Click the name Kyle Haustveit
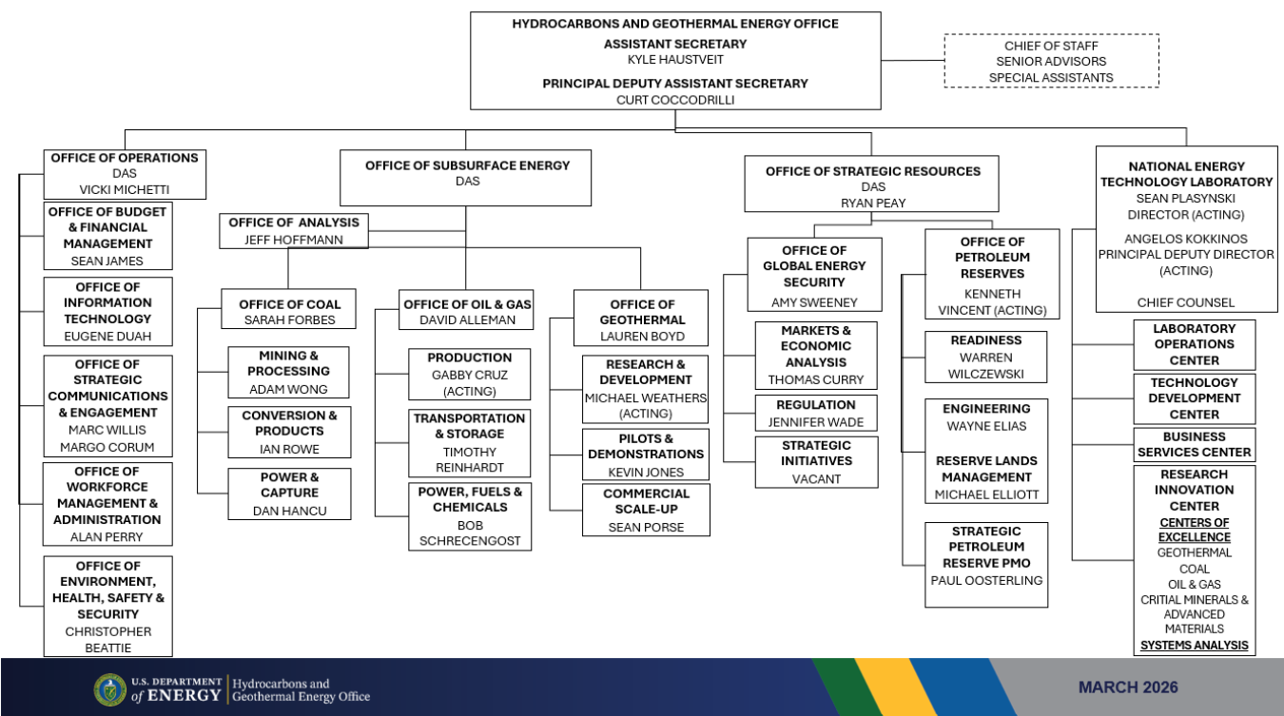point(675,59)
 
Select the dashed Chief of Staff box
point(1051,61)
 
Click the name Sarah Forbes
point(277,320)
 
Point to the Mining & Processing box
point(288,372)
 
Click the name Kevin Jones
point(646,472)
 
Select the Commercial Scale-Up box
point(646,510)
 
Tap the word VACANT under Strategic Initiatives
point(816,479)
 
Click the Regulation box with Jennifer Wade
point(816,413)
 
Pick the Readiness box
point(985,357)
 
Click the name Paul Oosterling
point(985,580)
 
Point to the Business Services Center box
point(1194,445)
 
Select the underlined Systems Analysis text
point(1194,646)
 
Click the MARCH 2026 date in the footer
point(1128,687)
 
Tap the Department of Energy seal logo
point(109,689)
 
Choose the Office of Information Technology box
point(107,311)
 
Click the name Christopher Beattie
point(107,639)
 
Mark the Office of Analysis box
point(294,230)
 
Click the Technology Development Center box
point(1194,398)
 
